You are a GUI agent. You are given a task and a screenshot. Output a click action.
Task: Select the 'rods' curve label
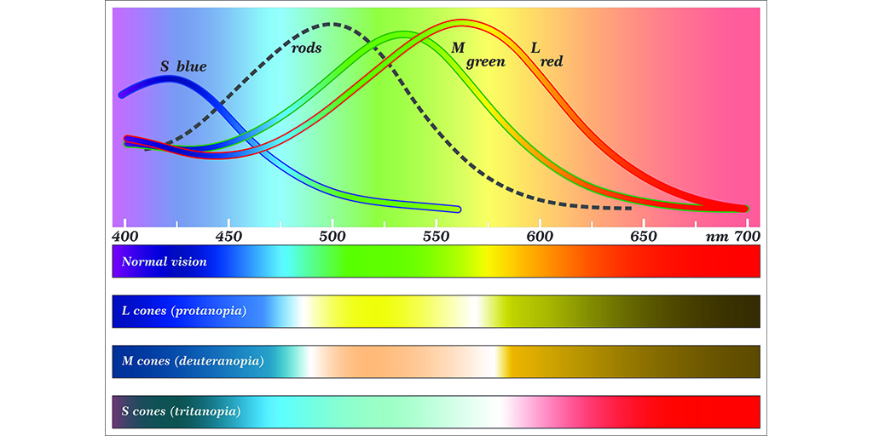307,49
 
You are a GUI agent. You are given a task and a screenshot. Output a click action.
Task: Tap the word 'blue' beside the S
192,66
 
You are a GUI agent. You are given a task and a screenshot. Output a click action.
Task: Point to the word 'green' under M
485,62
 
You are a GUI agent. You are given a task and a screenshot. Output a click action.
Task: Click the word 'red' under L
551,62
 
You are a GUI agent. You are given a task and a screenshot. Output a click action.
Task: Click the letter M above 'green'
458,49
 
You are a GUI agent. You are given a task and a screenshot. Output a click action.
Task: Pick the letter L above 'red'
535,49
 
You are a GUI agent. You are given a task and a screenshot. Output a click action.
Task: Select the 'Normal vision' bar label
165,261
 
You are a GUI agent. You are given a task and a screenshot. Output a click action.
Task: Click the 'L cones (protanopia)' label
184,311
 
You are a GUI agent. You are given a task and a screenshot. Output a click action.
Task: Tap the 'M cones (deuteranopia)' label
193,361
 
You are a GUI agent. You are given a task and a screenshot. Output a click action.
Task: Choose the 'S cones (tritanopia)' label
182,411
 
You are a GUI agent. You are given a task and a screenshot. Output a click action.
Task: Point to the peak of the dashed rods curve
332,25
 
